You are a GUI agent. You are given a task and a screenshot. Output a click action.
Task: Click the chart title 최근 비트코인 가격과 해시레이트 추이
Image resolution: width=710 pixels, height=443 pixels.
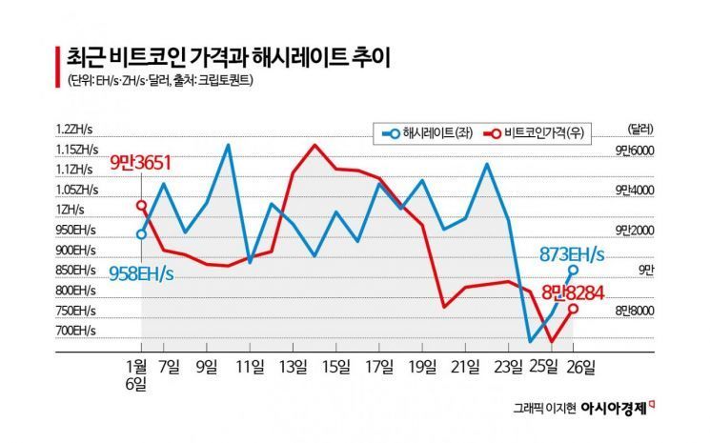[x=229, y=57]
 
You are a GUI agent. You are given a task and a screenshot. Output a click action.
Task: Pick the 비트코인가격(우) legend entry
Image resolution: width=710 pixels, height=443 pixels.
[x=535, y=133]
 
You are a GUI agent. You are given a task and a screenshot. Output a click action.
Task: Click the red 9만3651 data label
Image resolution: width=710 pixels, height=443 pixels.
[x=141, y=164]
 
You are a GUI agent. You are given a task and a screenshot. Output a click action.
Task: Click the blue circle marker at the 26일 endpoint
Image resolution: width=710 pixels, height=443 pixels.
[x=573, y=271]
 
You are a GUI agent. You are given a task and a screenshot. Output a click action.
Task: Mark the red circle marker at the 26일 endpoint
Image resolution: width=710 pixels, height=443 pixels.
[x=573, y=309]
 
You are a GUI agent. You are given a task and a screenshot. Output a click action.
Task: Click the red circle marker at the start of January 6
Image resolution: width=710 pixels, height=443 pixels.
[x=141, y=205]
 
